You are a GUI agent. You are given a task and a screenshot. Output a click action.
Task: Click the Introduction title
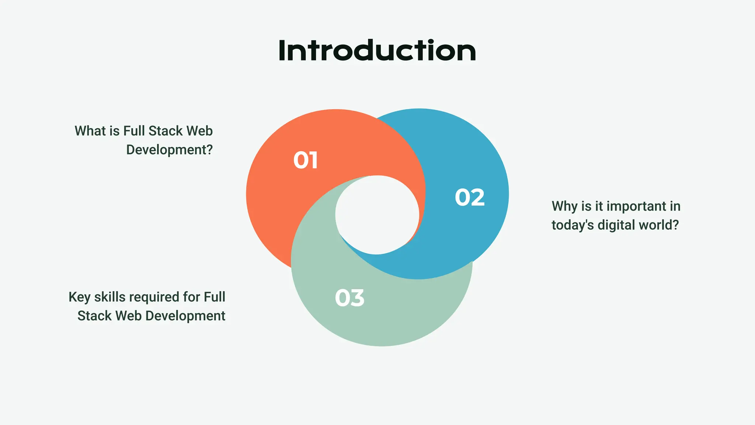(x=377, y=51)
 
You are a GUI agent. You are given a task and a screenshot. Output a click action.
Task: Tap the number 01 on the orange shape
(x=306, y=160)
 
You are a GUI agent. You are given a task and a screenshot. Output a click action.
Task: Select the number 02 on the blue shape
(x=470, y=197)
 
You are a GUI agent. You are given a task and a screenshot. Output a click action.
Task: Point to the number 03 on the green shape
(x=349, y=298)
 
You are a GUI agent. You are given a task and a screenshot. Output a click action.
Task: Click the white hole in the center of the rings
(x=377, y=215)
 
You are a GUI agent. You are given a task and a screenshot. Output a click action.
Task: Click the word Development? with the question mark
(x=170, y=150)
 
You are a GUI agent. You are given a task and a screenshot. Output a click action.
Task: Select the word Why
(x=564, y=207)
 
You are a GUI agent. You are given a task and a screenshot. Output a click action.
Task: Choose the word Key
(x=79, y=297)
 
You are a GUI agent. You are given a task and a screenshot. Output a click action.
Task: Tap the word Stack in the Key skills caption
(x=94, y=316)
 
